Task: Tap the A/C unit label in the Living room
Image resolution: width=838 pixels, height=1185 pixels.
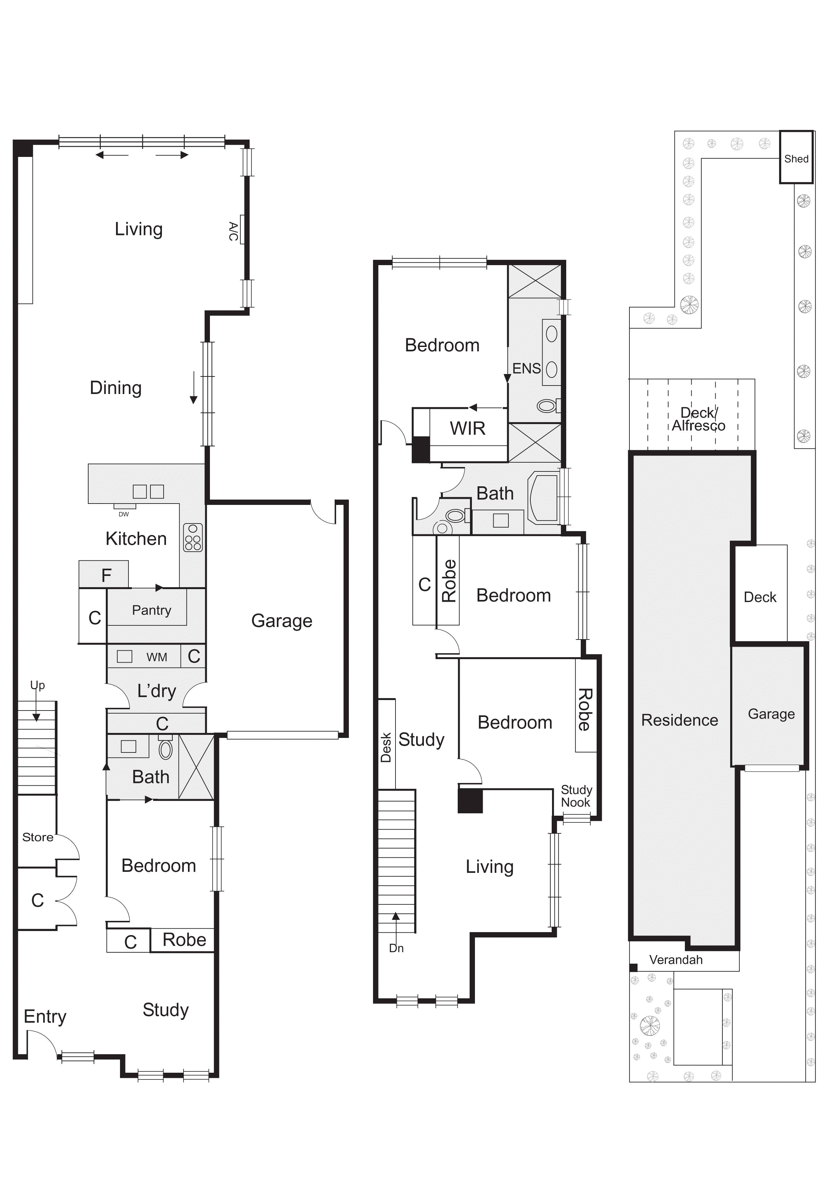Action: (x=233, y=231)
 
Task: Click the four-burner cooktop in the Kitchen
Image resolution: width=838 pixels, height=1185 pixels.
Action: (x=193, y=537)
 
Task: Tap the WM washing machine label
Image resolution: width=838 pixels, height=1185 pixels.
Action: (x=157, y=657)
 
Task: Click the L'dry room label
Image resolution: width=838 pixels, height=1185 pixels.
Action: (x=157, y=691)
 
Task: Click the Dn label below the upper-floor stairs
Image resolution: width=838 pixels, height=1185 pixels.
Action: (x=396, y=948)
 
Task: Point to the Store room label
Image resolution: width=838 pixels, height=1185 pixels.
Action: (x=38, y=837)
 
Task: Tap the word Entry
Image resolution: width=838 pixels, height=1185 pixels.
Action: (x=45, y=1017)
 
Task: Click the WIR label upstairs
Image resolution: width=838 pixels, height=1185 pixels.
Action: (x=468, y=428)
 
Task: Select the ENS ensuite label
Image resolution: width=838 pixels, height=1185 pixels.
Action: (x=526, y=369)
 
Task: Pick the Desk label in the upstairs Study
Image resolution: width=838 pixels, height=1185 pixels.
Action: (x=386, y=747)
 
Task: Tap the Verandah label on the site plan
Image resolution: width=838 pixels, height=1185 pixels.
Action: (x=676, y=960)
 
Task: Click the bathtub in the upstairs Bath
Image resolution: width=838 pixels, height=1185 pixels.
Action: (x=543, y=499)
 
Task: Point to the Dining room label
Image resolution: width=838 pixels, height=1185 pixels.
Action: (x=116, y=388)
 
